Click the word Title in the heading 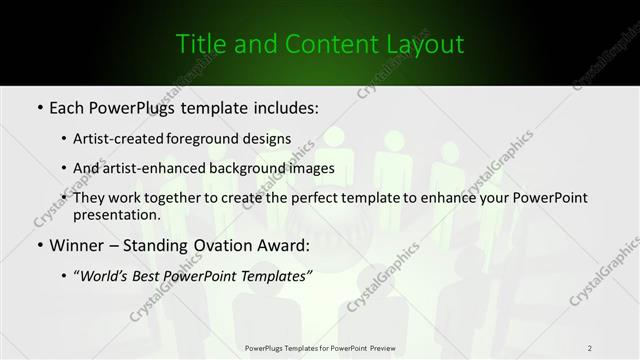point(199,44)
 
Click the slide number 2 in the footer point(590,348)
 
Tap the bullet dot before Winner point(38,245)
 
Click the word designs point(269,138)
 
